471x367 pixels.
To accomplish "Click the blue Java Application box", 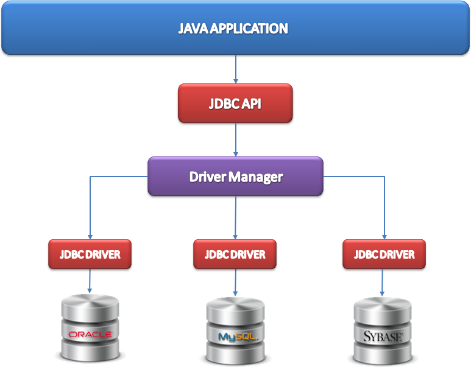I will click(235, 28).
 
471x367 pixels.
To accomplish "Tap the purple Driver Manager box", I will click(235, 177).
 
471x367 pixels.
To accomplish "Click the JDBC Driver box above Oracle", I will click(89, 254).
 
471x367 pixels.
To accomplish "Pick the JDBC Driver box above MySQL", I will click(235, 254).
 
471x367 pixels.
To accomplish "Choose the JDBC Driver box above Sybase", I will click(384, 254).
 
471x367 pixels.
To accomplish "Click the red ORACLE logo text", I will click(90, 334).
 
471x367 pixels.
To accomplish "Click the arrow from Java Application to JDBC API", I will click(235, 69).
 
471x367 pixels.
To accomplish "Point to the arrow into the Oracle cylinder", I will click(90, 281).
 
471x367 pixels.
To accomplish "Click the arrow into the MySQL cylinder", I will click(235, 281).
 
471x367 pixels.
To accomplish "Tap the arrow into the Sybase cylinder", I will click(383, 281).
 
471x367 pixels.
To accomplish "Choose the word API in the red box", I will click(251, 103).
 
